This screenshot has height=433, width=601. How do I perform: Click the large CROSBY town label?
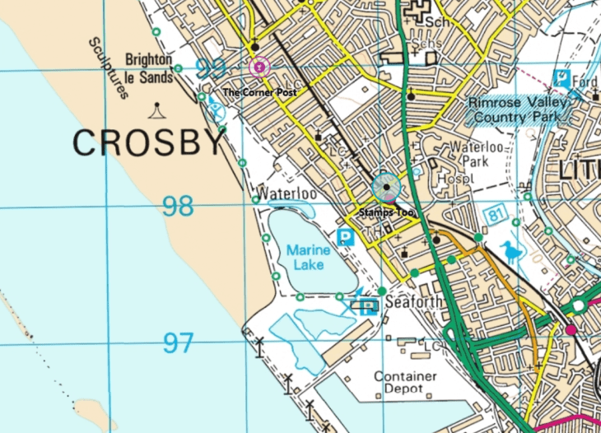[148, 143]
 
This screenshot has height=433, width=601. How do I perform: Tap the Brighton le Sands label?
[149, 68]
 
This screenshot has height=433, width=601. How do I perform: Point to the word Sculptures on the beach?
[109, 68]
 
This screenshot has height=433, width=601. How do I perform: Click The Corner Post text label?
[259, 92]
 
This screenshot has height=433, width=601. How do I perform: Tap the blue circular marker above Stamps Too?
[386, 188]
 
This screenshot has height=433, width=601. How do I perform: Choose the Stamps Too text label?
[385, 212]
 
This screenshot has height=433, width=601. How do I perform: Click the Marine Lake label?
[308, 257]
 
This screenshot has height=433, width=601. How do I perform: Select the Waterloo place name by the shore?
[286, 194]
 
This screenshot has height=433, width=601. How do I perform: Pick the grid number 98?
[178, 206]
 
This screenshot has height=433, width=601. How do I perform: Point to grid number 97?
[178, 342]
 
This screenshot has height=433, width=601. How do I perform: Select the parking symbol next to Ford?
[562, 79]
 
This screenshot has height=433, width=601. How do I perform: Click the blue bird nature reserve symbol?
[511, 252]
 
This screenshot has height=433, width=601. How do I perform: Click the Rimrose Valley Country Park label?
[519, 109]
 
